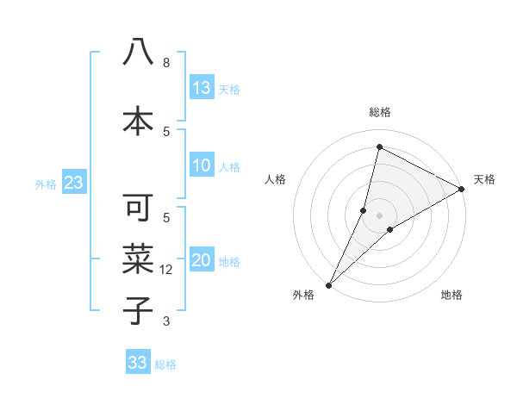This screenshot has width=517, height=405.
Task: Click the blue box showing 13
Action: pos(202,87)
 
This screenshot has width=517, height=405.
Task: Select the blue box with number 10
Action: pos(202,165)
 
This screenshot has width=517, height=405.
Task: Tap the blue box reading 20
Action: pos(202,261)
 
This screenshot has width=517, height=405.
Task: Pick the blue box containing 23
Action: pos(73,183)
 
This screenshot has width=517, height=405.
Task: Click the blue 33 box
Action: pos(138,363)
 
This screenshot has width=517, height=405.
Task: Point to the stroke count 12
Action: pos(167,270)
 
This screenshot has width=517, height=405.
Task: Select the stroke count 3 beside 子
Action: pos(166,321)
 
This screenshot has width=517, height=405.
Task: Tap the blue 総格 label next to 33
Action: pos(165,364)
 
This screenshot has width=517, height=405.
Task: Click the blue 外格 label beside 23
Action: pos(45,184)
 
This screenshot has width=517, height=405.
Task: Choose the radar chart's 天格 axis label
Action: pos(484,179)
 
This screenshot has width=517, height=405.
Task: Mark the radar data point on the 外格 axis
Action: pos(328,284)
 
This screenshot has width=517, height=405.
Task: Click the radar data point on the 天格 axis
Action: pos(462,189)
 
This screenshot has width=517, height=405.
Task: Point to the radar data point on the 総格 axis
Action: pos(379,147)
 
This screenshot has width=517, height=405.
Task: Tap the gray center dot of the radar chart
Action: pos(379,215)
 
